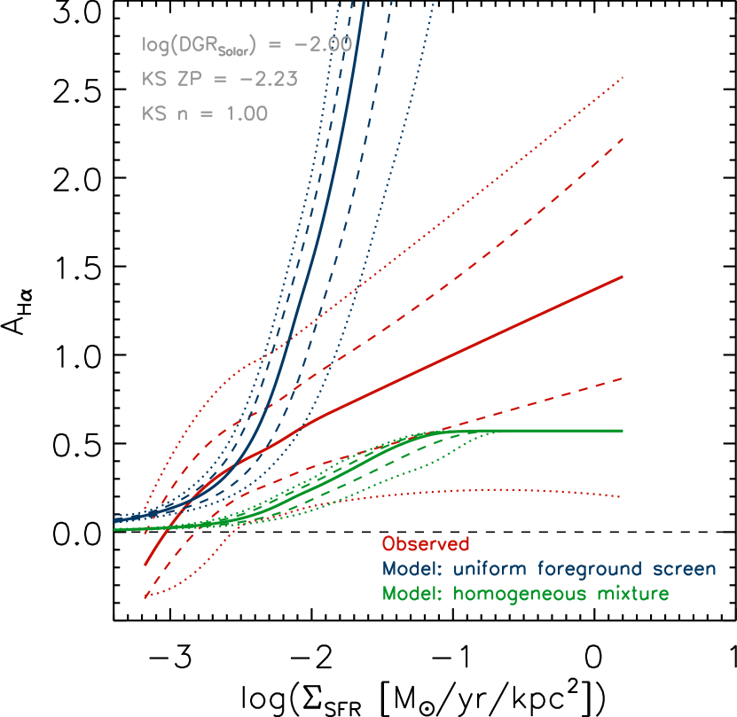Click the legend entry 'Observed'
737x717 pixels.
pyautogui.click(x=426, y=544)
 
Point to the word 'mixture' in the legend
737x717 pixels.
pyautogui.click(x=631, y=594)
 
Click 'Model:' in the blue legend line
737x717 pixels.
pyautogui.click(x=413, y=569)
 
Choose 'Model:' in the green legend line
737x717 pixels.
pyautogui.click(x=413, y=594)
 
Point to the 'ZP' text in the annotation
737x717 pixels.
pyautogui.click(x=186, y=79)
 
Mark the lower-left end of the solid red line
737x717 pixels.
pyautogui.click(x=145, y=564)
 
